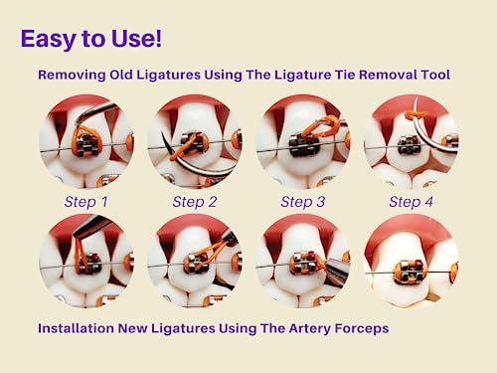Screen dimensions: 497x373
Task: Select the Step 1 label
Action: coord(86,202)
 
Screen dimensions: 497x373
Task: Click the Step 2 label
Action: coord(195,202)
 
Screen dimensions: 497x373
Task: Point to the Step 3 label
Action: coord(303,202)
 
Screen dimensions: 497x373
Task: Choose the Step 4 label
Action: coord(412,202)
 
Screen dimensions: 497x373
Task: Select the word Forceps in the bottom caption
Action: coord(362,329)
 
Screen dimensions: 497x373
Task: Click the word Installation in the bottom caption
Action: coord(76,328)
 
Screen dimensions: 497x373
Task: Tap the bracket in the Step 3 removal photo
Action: coord(303,146)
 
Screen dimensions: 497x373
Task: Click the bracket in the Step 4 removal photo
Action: coord(410,145)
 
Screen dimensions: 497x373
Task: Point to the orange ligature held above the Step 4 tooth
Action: coord(415,115)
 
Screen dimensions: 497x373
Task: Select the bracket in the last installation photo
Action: coord(410,272)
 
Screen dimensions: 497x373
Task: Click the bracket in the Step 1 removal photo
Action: coord(87,145)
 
